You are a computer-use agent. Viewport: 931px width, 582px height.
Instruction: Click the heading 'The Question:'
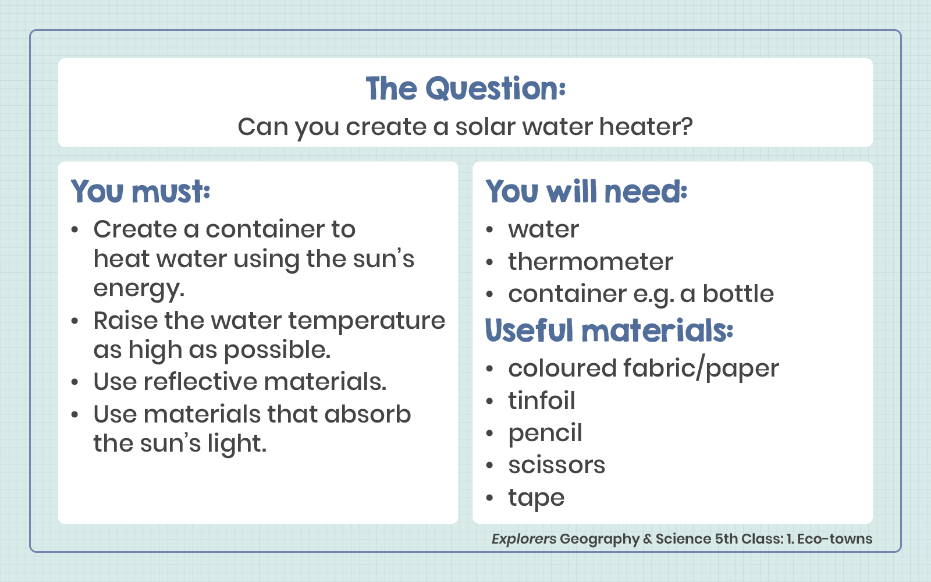(x=465, y=89)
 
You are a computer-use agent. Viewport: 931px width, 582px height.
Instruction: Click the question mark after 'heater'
(x=687, y=126)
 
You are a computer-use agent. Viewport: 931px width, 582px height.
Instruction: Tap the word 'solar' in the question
(x=485, y=126)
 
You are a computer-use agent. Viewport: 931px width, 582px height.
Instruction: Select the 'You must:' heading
(x=140, y=191)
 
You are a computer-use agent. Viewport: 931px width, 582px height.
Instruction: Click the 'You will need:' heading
(x=586, y=191)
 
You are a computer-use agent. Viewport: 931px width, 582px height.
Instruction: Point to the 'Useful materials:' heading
(x=609, y=331)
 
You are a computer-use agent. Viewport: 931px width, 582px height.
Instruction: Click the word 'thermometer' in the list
(x=591, y=261)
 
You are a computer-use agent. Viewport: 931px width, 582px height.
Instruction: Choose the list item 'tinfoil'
(x=542, y=400)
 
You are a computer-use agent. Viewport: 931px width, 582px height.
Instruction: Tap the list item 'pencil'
(x=545, y=433)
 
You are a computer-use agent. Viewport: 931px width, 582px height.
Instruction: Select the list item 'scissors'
(x=557, y=465)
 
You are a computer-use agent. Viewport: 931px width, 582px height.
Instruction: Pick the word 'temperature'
(x=367, y=321)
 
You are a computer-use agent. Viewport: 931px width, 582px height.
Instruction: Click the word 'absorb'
(x=367, y=414)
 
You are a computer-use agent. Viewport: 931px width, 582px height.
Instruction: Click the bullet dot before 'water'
(x=489, y=229)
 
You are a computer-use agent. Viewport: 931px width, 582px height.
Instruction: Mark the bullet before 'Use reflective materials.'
(x=74, y=382)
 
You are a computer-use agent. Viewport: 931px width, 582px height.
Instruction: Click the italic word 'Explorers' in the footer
(x=524, y=539)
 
